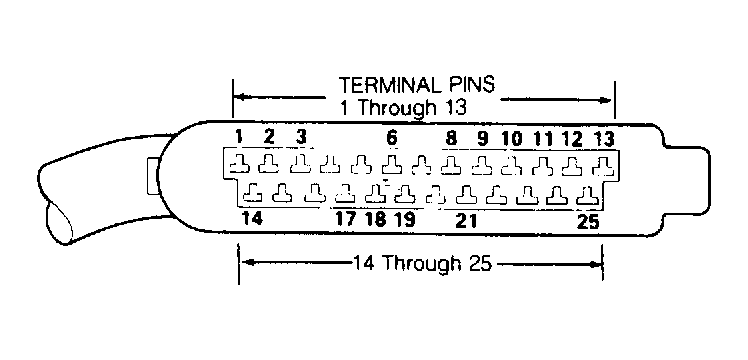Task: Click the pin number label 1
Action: point(239,137)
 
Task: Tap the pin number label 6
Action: point(392,138)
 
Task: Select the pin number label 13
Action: point(603,139)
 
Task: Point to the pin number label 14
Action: point(251,218)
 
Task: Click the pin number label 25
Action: point(588,222)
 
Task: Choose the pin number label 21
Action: point(466,220)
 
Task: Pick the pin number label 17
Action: point(345,219)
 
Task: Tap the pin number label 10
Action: point(513,139)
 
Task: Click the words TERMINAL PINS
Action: point(416,85)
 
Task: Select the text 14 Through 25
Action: point(422,263)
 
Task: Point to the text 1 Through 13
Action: point(402,108)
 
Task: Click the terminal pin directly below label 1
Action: point(239,165)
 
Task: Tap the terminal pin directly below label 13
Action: point(602,166)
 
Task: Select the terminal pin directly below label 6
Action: point(392,165)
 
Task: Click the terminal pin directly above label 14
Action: point(252,193)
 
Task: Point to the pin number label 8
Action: point(450,138)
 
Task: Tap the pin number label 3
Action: point(300,137)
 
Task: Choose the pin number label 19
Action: point(404,219)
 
